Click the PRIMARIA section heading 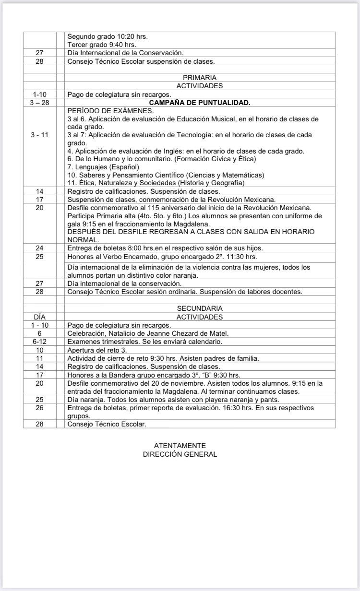(200, 77)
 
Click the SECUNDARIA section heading (200, 308)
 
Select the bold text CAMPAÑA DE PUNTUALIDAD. (200, 102)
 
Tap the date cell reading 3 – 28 (40, 102)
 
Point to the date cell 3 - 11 (40, 135)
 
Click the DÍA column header (40, 317)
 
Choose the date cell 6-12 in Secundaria (40, 342)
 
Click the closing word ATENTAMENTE (180, 445)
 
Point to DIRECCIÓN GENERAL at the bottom (180, 454)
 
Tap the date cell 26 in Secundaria (40, 408)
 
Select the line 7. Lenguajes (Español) (103, 166)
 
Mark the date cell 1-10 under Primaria (40, 94)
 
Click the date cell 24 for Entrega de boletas (40, 248)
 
